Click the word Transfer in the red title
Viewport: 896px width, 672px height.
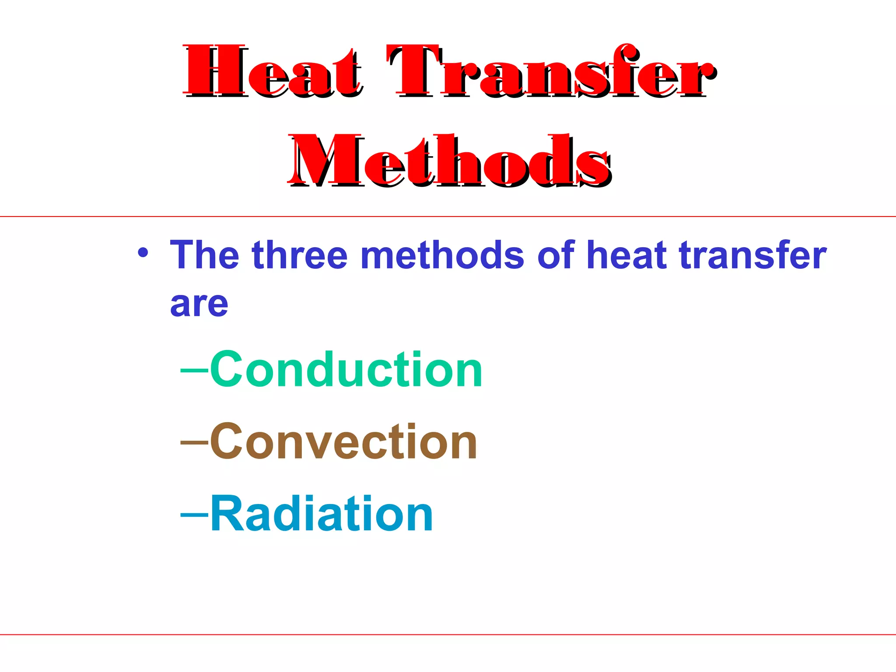(551, 71)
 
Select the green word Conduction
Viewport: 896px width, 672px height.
(346, 370)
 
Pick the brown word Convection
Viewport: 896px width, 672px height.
(343, 442)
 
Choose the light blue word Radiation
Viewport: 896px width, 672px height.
(322, 514)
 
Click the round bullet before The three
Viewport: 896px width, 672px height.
(143, 253)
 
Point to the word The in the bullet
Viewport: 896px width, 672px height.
(204, 255)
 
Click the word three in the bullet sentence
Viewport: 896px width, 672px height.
(300, 255)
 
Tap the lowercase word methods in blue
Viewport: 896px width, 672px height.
(442, 255)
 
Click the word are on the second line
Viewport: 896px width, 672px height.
(199, 304)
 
